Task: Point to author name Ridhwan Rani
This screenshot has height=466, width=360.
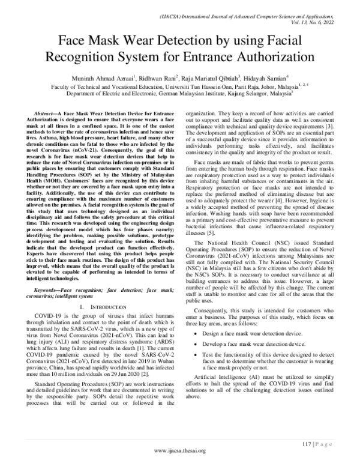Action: click(x=164, y=78)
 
